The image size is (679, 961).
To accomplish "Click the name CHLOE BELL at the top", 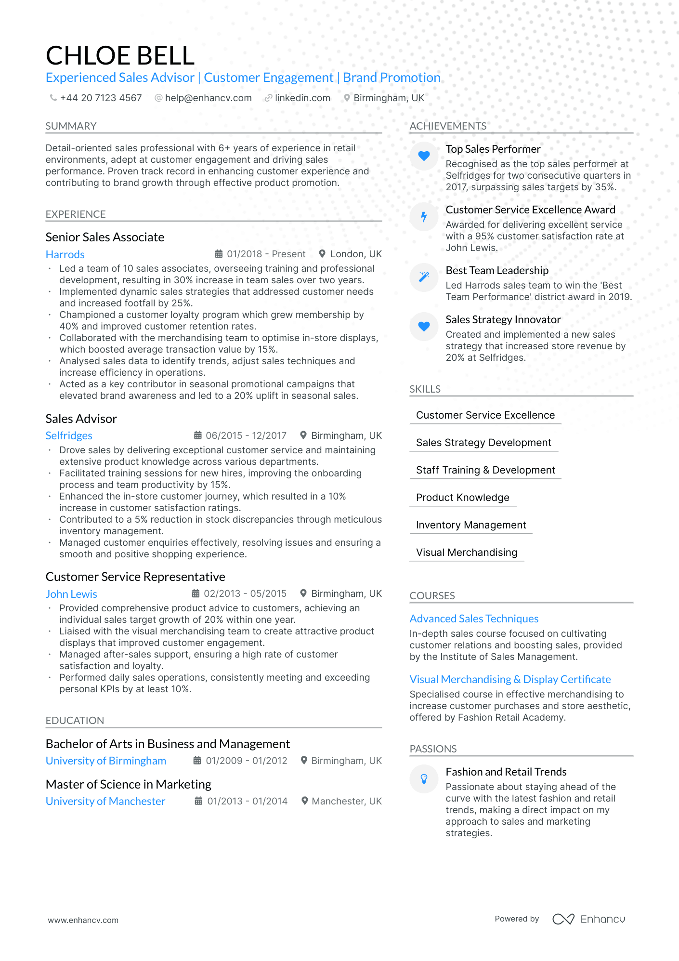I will point(120,55).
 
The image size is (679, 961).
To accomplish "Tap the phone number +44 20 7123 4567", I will point(101,98).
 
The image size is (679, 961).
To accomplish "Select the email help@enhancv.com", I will point(208,98).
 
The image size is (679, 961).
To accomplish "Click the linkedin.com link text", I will point(302,98).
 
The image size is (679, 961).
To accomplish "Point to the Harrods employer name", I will point(65,254).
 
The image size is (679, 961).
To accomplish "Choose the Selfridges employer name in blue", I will point(69,435).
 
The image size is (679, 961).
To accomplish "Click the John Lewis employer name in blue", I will point(71,594).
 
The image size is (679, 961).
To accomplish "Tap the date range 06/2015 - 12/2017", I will point(246,435).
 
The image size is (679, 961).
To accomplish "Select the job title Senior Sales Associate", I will point(105,237).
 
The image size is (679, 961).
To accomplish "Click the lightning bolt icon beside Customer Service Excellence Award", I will point(424,217).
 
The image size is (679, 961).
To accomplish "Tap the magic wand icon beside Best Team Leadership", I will point(424,277).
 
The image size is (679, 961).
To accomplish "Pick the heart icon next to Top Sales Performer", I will point(424,156).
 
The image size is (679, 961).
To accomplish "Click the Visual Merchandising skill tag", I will point(466,553).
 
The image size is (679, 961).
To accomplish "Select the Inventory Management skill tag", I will point(470,525).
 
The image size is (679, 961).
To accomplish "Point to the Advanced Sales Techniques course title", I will point(474,619).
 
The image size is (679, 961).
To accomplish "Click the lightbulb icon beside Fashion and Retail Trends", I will point(424,778).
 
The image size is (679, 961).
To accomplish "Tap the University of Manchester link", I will point(105,801).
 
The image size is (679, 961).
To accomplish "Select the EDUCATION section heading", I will point(75,721).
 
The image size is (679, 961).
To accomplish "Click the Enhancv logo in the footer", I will point(588,919).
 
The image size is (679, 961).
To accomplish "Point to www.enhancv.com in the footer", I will point(83,920).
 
